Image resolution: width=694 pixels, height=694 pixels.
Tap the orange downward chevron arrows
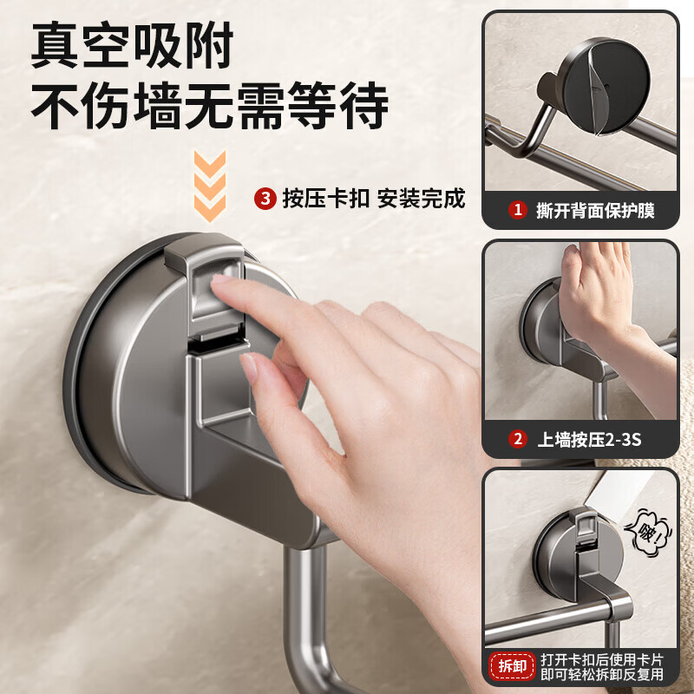click(x=208, y=184)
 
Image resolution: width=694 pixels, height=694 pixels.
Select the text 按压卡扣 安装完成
click(x=373, y=199)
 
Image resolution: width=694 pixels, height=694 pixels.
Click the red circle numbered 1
click(x=518, y=210)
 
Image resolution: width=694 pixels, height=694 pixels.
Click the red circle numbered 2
click(x=518, y=439)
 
